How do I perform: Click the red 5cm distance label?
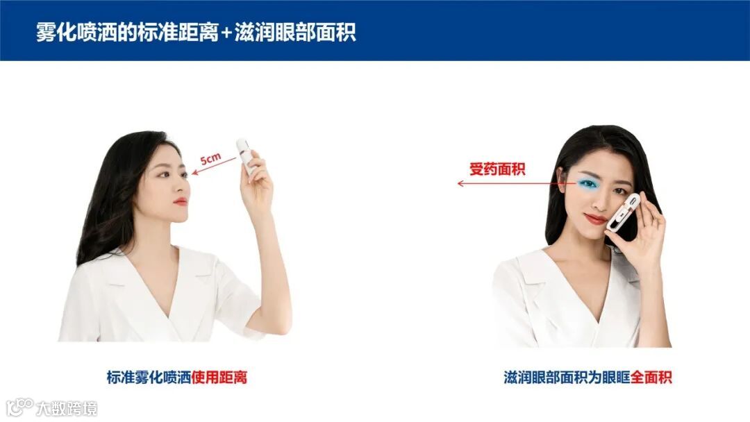pyautogui.click(x=210, y=158)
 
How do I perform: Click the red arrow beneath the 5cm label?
pyautogui.click(x=214, y=166)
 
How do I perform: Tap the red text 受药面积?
pyautogui.click(x=497, y=169)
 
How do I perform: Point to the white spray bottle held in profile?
pyautogui.click(x=246, y=157)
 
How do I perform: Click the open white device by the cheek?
pyautogui.click(x=623, y=212)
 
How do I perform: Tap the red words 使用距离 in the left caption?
pyautogui.click(x=219, y=377)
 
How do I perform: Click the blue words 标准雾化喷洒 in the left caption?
pyautogui.click(x=149, y=377)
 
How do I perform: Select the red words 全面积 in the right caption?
pyautogui.click(x=651, y=377)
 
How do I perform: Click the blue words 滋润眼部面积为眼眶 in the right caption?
pyautogui.click(x=567, y=377)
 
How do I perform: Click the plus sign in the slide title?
pyautogui.click(x=226, y=33)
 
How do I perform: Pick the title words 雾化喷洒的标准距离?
pyautogui.click(x=127, y=33)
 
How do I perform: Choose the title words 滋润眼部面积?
pyautogui.click(x=295, y=33)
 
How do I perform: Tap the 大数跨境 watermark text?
pyautogui.click(x=67, y=409)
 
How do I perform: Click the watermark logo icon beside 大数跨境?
pyautogui.click(x=19, y=407)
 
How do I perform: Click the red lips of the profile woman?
pyautogui.click(x=181, y=202)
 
